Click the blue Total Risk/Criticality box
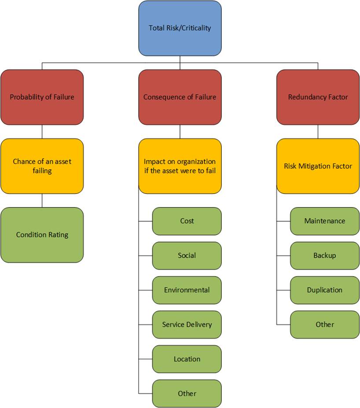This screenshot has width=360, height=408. click(x=180, y=28)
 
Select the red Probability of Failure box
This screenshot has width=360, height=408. click(x=42, y=97)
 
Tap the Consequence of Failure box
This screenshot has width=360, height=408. click(x=180, y=97)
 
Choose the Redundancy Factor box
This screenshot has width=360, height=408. click(x=318, y=97)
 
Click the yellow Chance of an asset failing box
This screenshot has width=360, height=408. click(x=42, y=166)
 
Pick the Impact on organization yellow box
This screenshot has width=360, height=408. click(x=180, y=166)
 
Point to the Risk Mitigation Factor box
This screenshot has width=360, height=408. click(x=318, y=166)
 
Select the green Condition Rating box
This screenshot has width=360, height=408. click(x=42, y=235)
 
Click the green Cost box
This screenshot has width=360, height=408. click(x=187, y=221)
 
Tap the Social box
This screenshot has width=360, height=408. click(x=187, y=255)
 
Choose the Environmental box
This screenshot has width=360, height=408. click(x=187, y=290)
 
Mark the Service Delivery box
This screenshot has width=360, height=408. click(x=187, y=324)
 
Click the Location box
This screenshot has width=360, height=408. click(x=187, y=359)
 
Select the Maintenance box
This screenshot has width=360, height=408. click(x=325, y=221)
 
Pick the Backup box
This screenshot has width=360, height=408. click(x=325, y=255)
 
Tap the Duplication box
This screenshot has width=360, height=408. click(x=325, y=290)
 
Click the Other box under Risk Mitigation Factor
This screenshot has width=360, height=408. click(x=325, y=324)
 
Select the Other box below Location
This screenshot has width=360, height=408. click(x=187, y=393)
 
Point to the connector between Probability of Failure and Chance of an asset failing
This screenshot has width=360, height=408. click(x=42, y=131)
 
